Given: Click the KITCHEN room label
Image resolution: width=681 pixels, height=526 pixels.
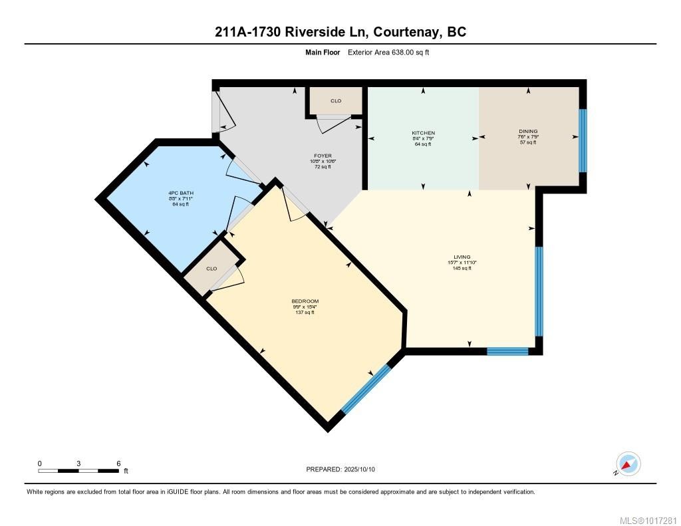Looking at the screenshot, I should pos(423,133).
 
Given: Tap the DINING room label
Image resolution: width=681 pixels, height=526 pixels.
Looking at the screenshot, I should pos(528,132).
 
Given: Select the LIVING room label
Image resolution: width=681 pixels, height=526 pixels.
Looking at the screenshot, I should pos(462,257).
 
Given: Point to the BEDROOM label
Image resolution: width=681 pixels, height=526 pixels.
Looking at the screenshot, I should pos(305,301).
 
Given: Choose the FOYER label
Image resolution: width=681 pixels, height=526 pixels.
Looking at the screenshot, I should pos(322,156).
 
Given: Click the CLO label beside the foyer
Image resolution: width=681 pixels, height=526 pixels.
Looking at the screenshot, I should pos(336,101).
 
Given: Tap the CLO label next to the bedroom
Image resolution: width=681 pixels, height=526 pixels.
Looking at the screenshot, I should pos(211,269).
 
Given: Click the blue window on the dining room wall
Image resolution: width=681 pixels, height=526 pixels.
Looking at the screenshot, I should pos(583,140).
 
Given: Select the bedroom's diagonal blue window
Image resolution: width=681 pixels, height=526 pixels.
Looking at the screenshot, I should pos(366,389).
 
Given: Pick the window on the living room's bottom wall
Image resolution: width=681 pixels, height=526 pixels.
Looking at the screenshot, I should pos(507,350).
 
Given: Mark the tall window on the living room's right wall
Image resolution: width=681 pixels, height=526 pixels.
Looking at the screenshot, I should pos(539,291).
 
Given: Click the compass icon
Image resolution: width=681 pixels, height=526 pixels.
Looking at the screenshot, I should pos(628,463).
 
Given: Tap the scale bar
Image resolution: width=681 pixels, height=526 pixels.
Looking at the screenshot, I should pos(80,471).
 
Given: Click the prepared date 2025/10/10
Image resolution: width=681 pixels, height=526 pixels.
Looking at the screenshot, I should pos(359,469).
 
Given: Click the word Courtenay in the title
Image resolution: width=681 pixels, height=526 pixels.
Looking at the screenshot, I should pos(405,32).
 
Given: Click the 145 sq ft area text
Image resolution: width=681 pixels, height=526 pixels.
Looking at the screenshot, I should pos(462,268).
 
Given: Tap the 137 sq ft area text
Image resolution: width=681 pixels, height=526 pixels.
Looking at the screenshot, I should pos(305,313).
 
